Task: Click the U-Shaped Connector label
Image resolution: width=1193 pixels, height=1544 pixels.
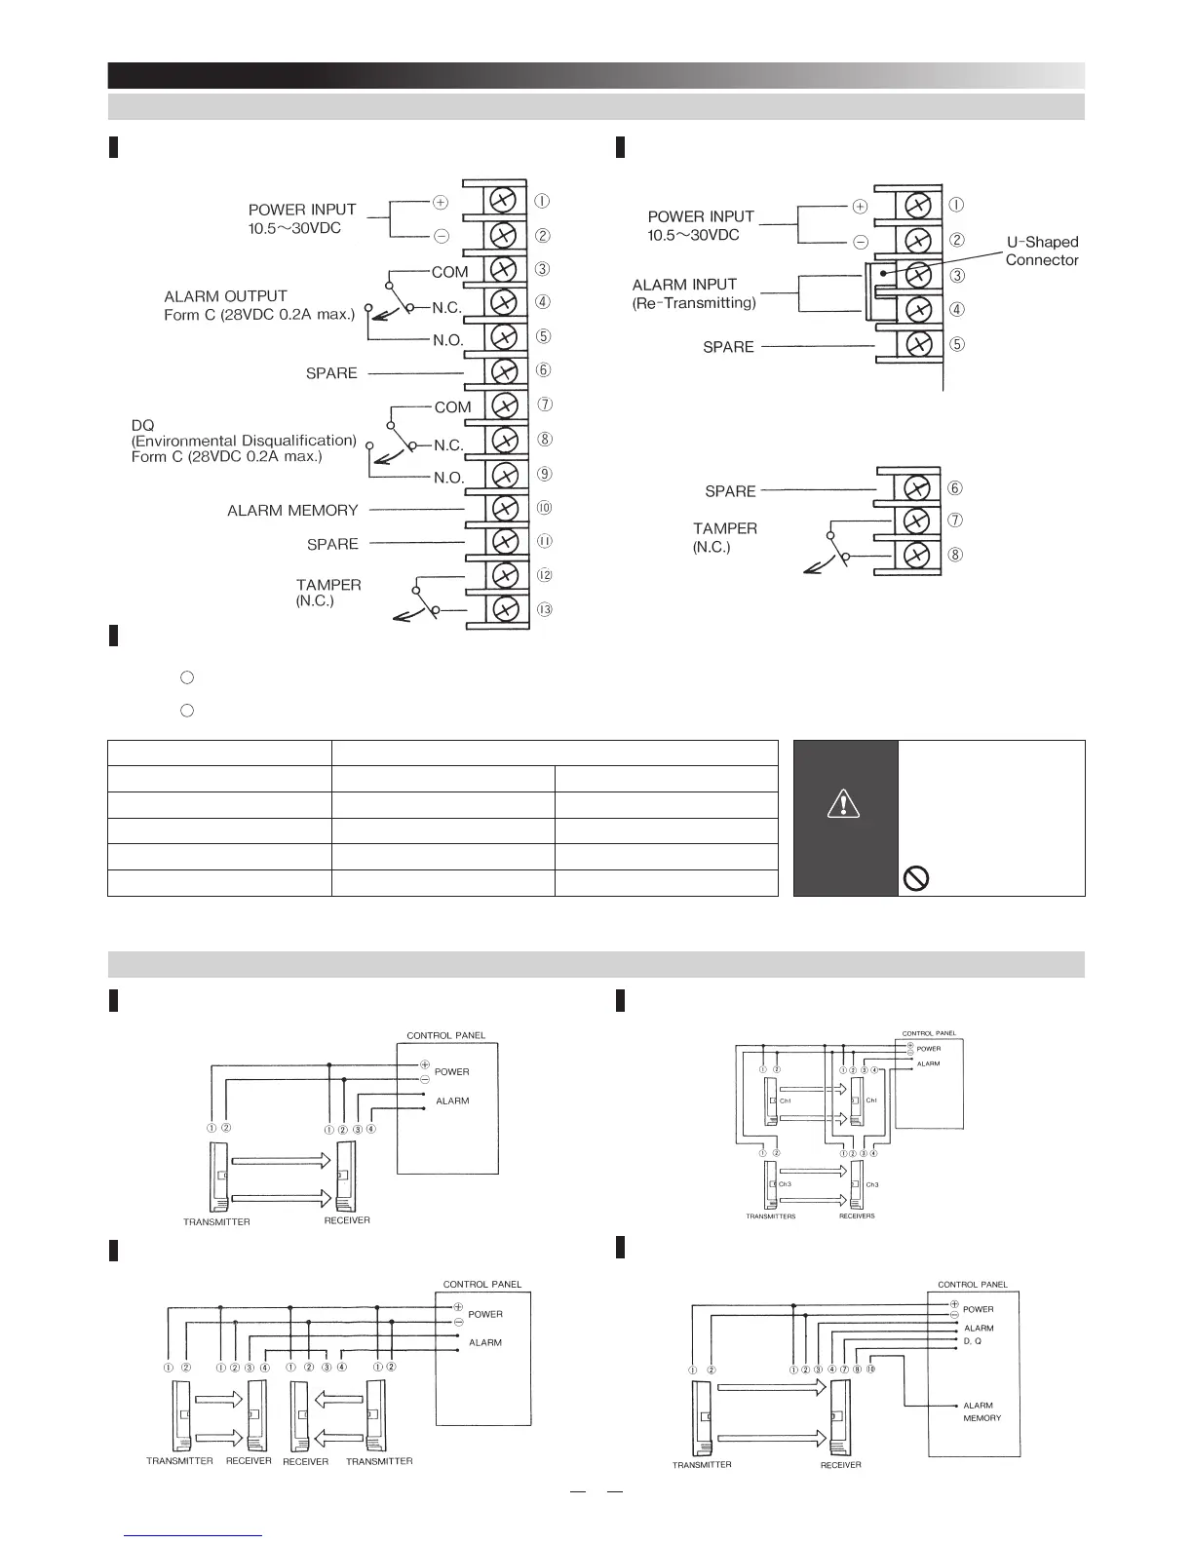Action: (1042, 251)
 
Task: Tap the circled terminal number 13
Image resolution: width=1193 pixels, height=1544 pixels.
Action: (544, 610)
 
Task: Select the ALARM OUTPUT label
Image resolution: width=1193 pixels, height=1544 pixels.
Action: (225, 296)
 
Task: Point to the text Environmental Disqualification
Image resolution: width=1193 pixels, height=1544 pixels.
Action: (244, 441)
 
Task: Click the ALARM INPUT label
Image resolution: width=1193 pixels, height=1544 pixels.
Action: (684, 285)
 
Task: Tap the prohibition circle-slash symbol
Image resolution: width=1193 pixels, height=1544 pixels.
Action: (917, 879)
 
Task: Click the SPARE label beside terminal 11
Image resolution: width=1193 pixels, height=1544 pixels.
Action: (332, 544)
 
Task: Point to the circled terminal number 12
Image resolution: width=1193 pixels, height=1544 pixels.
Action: (544, 575)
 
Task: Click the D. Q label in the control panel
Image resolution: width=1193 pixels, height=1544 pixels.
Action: (972, 1341)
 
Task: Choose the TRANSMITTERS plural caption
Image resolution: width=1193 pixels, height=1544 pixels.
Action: (771, 1216)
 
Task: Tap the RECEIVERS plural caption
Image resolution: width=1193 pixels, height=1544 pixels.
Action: (857, 1216)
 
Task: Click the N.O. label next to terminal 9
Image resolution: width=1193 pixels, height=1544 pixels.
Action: (448, 478)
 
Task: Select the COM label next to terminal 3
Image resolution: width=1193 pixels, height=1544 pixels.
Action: (450, 272)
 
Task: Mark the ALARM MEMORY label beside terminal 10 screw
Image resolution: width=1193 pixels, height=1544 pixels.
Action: (292, 510)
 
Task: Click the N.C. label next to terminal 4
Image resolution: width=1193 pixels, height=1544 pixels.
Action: (446, 307)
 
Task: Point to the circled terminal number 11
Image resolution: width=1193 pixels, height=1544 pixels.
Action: (544, 541)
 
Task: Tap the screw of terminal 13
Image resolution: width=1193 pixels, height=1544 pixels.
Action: (504, 609)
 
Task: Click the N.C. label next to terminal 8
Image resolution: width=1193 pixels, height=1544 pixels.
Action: (448, 445)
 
